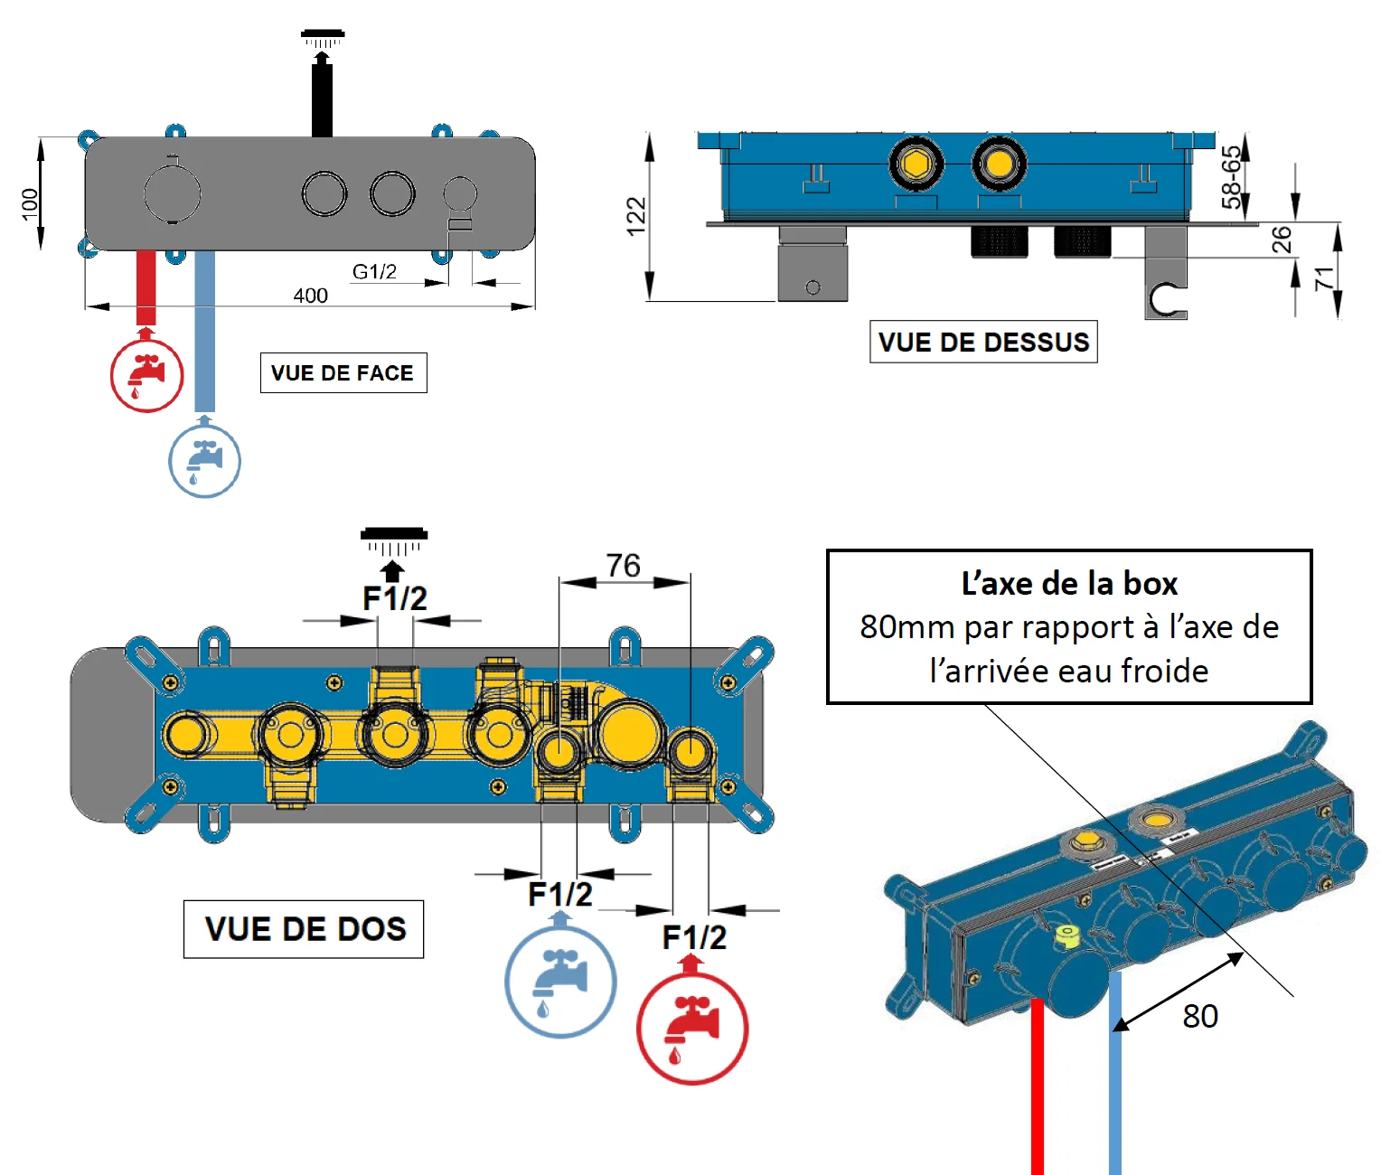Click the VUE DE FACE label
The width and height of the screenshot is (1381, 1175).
pyautogui.click(x=343, y=373)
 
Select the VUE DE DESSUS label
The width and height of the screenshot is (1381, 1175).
pyautogui.click(x=983, y=342)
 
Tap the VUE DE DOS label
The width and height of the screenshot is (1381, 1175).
pyautogui.click(x=305, y=929)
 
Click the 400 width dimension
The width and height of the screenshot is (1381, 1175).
pyautogui.click(x=310, y=296)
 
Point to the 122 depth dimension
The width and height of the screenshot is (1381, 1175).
pyautogui.click(x=636, y=216)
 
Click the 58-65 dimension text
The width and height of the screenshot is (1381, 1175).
pyautogui.click(x=1231, y=177)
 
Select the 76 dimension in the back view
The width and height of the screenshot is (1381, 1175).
pyautogui.click(x=624, y=566)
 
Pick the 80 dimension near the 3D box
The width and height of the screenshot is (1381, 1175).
pyautogui.click(x=1200, y=1017)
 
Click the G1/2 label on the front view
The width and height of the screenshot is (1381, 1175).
pyautogui.click(x=374, y=271)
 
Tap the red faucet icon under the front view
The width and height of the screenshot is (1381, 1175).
pyautogui.click(x=146, y=375)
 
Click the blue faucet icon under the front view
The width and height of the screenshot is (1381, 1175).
pyautogui.click(x=205, y=460)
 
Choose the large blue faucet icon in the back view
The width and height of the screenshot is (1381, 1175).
pyautogui.click(x=560, y=982)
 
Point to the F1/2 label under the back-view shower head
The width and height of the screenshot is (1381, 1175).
pyautogui.click(x=394, y=598)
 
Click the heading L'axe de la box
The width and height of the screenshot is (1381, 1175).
pyautogui.click(x=1069, y=584)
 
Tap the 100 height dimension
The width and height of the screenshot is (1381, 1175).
pyautogui.click(x=30, y=203)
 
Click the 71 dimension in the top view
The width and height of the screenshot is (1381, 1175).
pyautogui.click(x=1324, y=277)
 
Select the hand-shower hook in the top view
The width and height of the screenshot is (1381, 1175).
pyautogui.click(x=1167, y=299)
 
